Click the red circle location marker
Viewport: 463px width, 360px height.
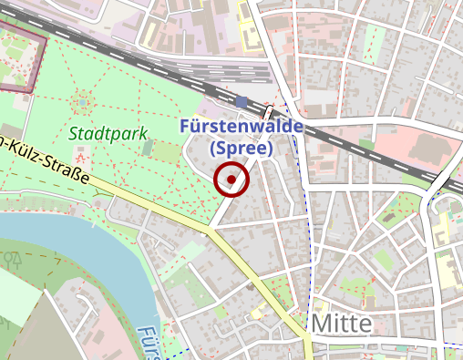pyautogui.click(x=231, y=180)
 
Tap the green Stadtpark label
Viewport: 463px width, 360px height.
pyautogui.click(x=108, y=133)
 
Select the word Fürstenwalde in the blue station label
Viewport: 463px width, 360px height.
pyautogui.click(x=241, y=127)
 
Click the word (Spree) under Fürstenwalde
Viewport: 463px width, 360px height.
pyautogui.click(x=241, y=147)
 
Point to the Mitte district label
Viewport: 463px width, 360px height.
pyautogui.click(x=341, y=324)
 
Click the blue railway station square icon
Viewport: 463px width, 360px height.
pyautogui.click(x=241, y=101)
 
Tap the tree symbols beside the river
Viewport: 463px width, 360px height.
pyautogui.click(x=14, y=259)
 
